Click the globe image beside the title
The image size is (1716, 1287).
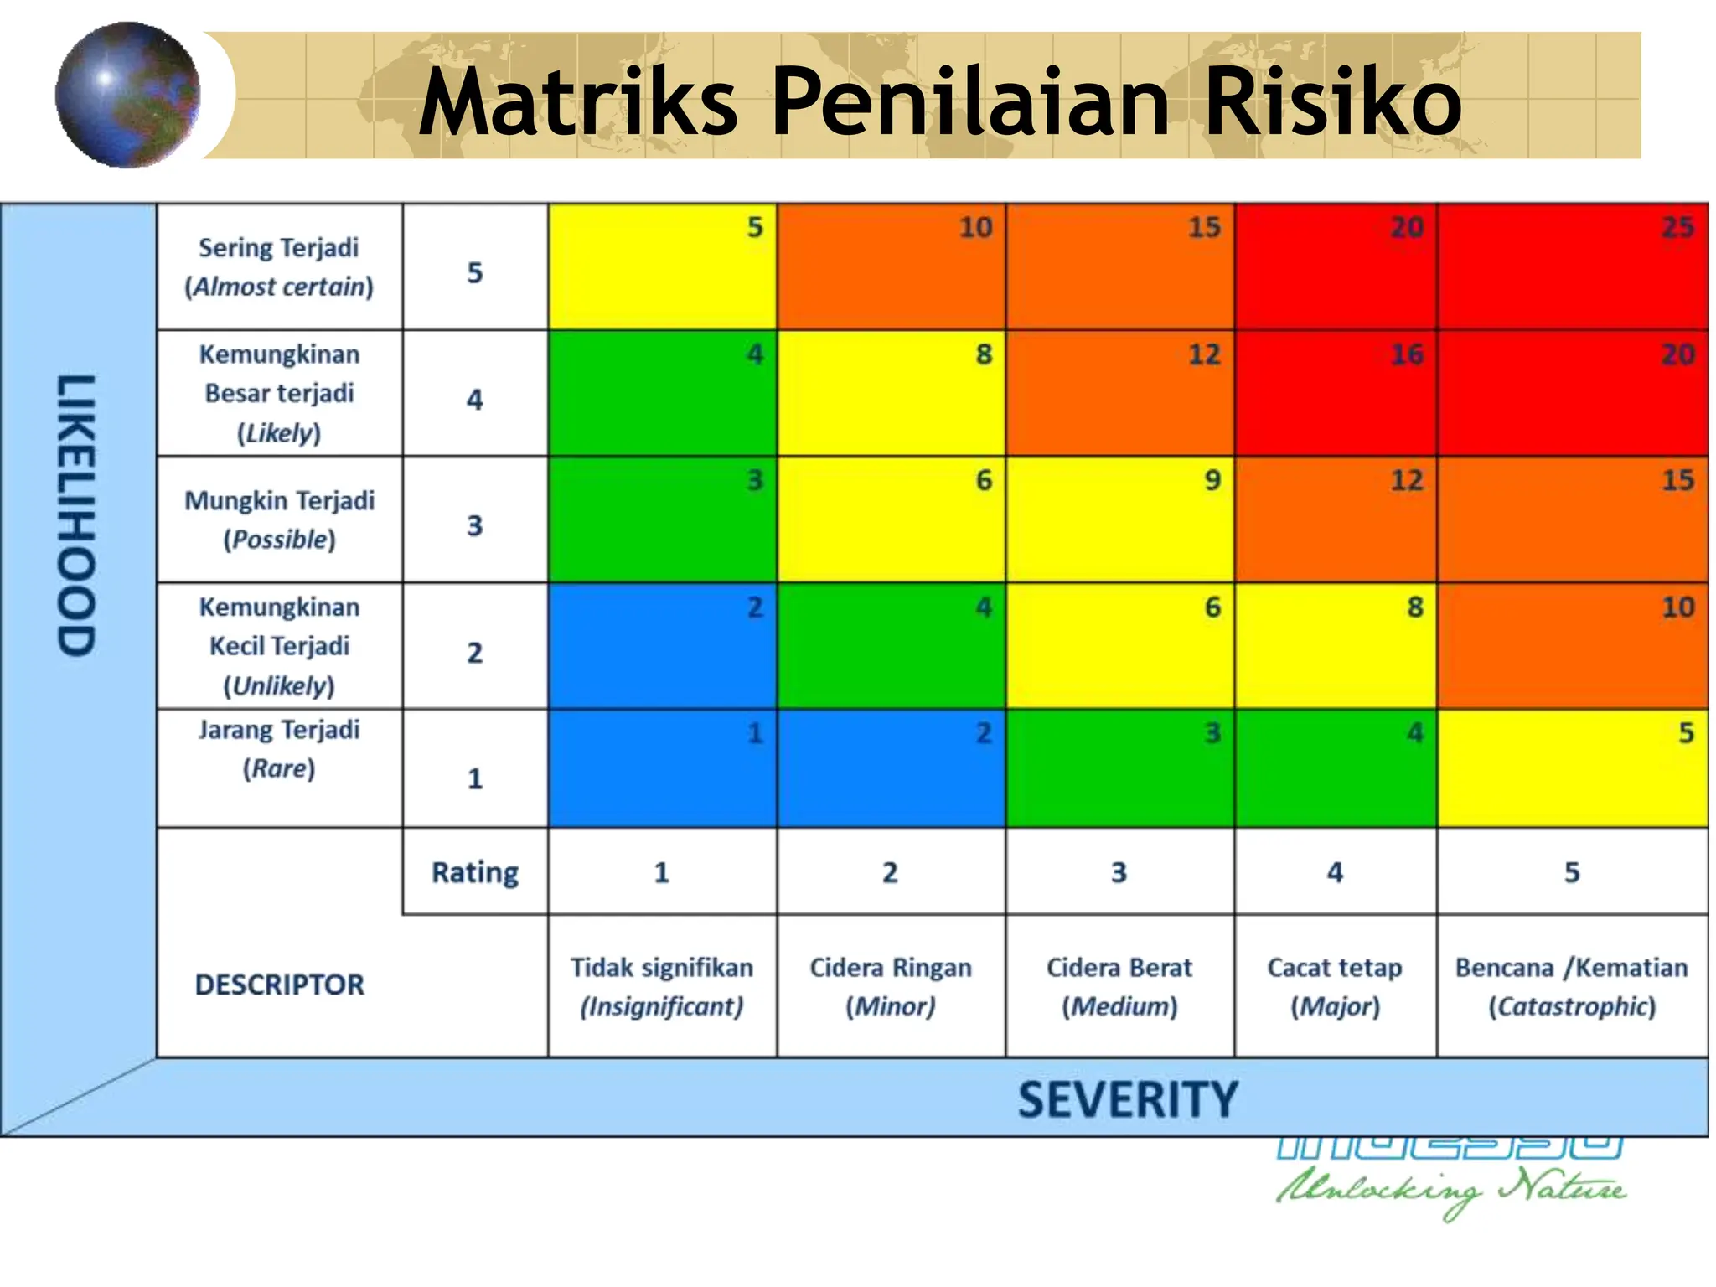(x=127, y=95)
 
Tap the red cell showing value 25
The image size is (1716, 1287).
(x=1572, y=266)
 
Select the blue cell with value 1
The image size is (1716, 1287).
(x=662, y=768)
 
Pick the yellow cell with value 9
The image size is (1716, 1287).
(x=1119, y=519)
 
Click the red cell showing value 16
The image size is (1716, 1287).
(x=1336, y=393)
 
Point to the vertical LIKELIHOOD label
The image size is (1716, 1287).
(x=76, y=514)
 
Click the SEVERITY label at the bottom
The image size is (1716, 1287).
(x=1127, y=1099)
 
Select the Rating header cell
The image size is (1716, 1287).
(x=475, y=872)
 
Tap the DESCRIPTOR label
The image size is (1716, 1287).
(x=280, y=985)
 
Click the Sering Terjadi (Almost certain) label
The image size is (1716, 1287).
(x=279, y=266)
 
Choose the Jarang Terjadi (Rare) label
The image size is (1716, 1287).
(x=279, y=749)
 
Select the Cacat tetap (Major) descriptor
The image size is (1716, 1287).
(x=1335, y=986)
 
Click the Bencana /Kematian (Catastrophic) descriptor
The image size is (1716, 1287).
(x=1572, y=986)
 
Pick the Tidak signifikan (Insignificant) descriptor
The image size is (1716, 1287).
(x=662, y=986)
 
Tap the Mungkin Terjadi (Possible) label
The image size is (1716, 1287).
(x=279, y=519)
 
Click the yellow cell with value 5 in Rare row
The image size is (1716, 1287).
(x=1572, y=768)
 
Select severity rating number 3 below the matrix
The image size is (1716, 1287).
(x=1119, y=872)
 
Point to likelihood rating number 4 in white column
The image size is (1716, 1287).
(x=475, y=399)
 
